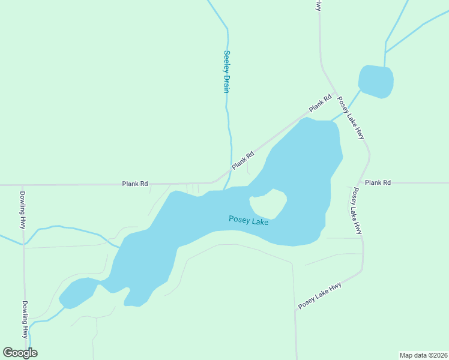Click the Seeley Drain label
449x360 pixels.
point(227,71)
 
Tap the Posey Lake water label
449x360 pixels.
point(249,220)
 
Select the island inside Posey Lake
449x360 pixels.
point(268,205)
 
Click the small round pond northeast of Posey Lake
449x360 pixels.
point(376,81)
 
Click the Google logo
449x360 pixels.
point(20,352)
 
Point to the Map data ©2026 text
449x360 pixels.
point(423,355)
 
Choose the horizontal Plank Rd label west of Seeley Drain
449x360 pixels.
point(135,184)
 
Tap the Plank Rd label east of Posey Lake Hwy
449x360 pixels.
point(378,182)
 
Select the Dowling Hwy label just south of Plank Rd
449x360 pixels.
point(23,210)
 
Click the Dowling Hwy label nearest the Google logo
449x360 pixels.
point(25,319)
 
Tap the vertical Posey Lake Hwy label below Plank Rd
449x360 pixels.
point(357,211)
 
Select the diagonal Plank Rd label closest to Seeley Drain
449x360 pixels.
point(243,160)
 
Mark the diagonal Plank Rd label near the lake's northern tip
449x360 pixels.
point(321,104)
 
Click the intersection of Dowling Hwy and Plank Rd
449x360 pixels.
point(23,185)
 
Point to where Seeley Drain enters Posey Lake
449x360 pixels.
point(226,188)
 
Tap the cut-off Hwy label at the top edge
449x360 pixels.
point(318,5)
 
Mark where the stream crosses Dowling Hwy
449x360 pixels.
point(23,244)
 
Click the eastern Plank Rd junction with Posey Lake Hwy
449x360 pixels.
point(360,182)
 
